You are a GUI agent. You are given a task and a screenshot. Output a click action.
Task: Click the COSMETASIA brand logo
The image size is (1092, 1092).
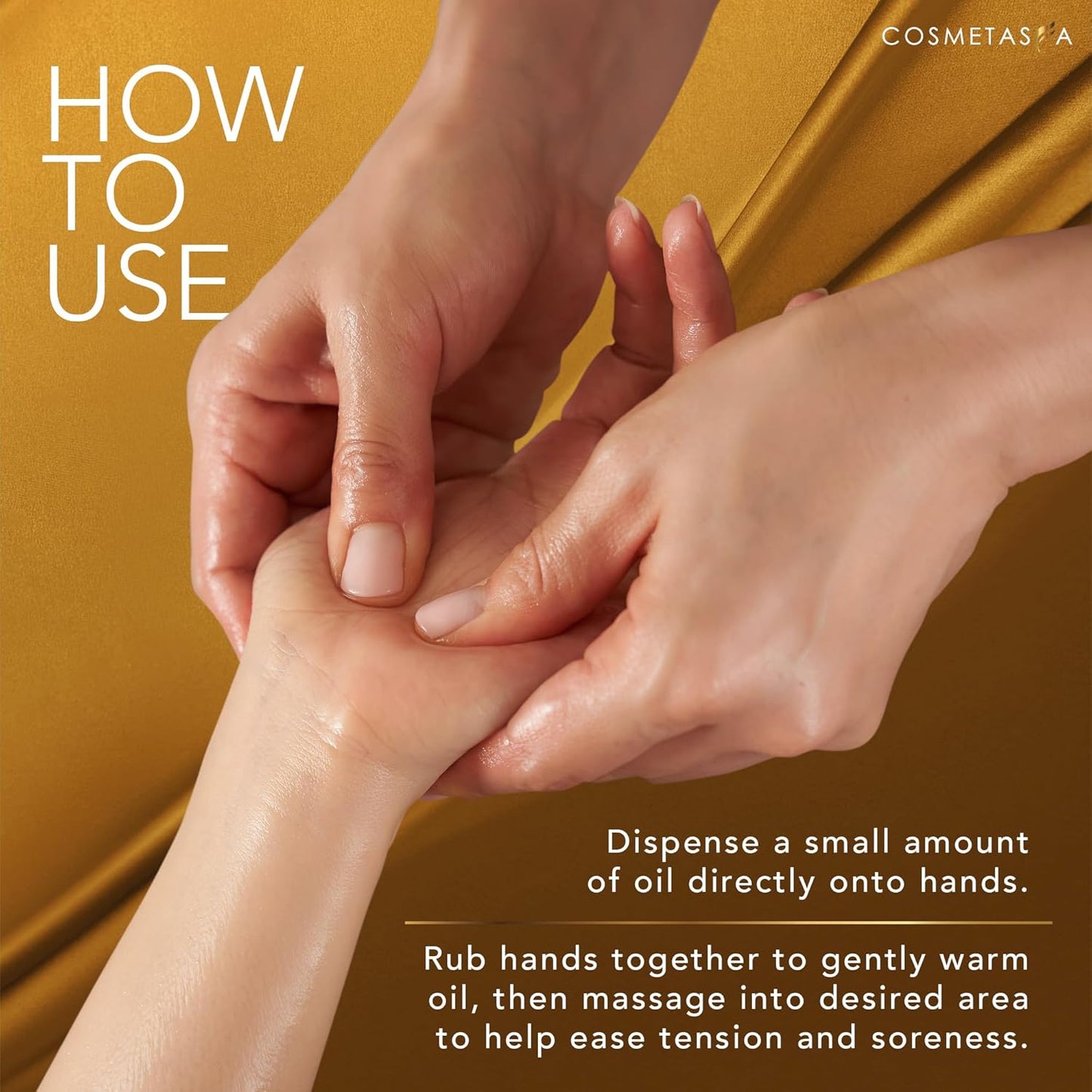tap(976, 36)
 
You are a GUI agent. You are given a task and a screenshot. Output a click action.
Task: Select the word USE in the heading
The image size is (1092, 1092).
tap(138, 282)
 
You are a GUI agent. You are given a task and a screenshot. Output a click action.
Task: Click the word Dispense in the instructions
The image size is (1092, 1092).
tap(682, 843)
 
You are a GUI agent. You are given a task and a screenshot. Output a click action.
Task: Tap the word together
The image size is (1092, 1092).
tap(685, 961)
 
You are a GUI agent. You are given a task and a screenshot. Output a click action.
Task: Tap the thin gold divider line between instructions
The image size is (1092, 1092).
tap(728, 923)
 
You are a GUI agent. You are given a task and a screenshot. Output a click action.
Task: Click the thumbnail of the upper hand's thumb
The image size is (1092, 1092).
tap(372, 560)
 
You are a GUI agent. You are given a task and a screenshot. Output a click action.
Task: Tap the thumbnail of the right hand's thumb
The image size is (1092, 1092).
tap(450, 611)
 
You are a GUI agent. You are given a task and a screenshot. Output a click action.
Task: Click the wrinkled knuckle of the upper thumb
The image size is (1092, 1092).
tap(370, 461)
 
